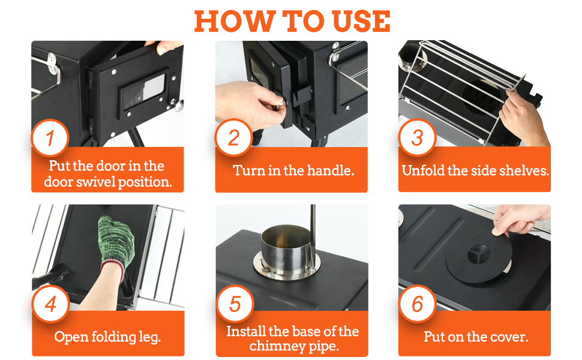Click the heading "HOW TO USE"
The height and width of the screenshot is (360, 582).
pos(292,21)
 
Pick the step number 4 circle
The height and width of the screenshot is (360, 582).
pos(50,304)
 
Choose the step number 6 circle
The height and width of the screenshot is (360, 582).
pos(418,304)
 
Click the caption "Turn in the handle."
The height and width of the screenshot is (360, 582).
pos(293,170)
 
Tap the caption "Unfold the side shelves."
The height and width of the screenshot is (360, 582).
pos(475,170)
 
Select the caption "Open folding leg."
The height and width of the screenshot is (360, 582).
pos(107,337)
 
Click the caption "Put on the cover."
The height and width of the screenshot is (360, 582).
pos(476,337)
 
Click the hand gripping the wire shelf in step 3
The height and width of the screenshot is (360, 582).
pos(522,114)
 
